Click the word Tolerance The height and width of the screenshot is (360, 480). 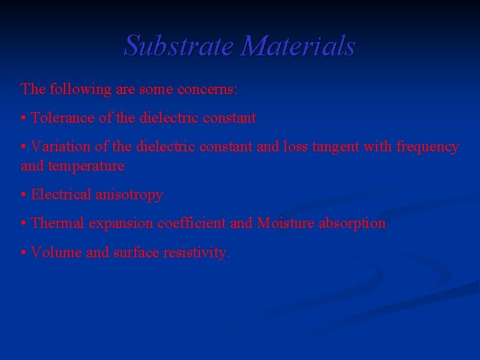[x=63, y=118]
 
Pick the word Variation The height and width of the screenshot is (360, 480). [x=61, y=147]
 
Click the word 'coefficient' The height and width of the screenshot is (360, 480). [x=191, y=223]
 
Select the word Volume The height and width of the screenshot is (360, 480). [x=53, y=253]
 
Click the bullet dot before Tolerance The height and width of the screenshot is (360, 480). [x=24, y=119]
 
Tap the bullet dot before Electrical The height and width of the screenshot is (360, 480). [x=24, y=195]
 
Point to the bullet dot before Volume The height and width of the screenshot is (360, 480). [x=24, y=253]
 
